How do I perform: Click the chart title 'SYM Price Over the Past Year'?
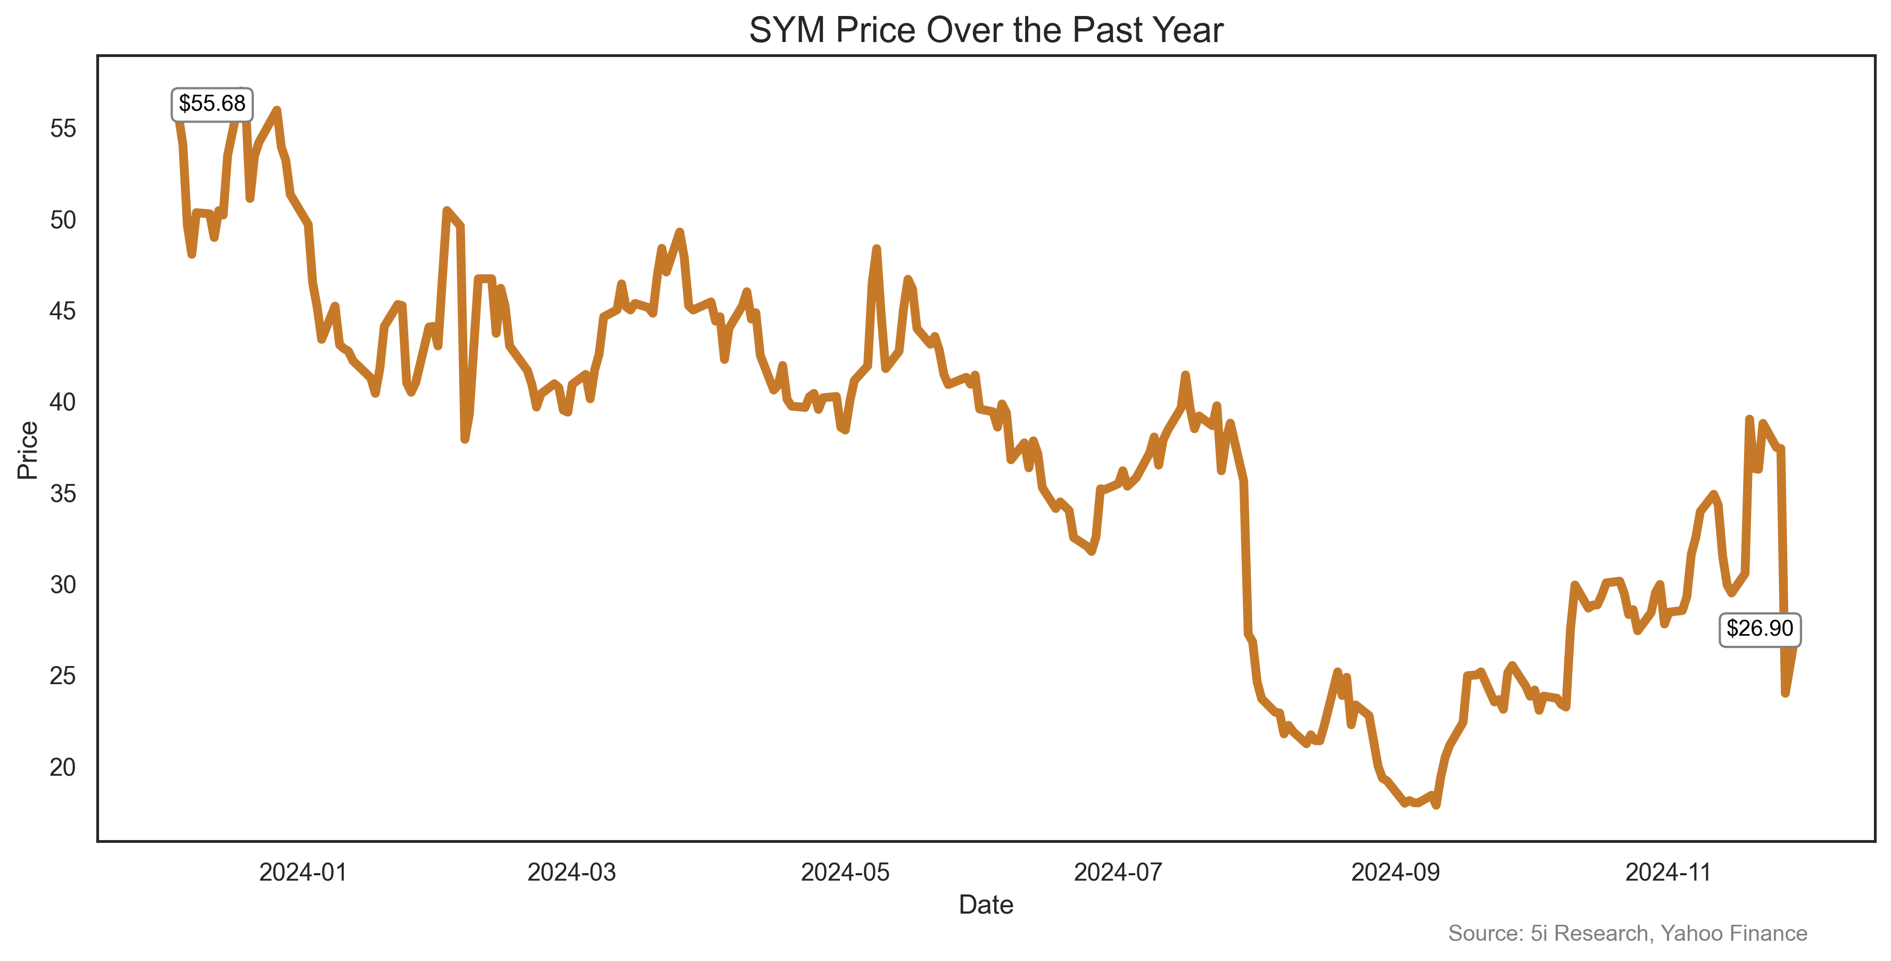pyautogui.click(x=985, y=31)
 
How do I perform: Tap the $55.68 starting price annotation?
pyautogui.click(x=212, y=103)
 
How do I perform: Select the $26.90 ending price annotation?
pyautogui.click(x=1759, y=628)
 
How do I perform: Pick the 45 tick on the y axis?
pyautogui.click(x=63, y=311)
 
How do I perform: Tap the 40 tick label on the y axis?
pyautogui.click(x=63, y=403)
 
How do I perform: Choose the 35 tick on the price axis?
pyautogui.click(x=63, y=494)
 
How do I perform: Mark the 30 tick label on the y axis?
pyautogui.click(x=63, y=585)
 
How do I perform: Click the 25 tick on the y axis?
pyautogui.click(x=63, y=676)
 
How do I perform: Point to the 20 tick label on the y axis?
pyautogui.click(x=63, y=767)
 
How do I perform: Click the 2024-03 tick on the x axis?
pyautogui.click(x=571, y=872)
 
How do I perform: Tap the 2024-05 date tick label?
pyautogui.click(x=845, y=872)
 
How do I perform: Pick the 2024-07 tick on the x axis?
pyautogui.click(x=1118, y=872)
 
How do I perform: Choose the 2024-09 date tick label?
pyautogui.click(x=1395, y=872)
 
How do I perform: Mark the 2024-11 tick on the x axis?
pyautogui.click(x=1669, y=872)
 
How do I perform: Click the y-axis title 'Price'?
pyautogui.click(x=28, y=450)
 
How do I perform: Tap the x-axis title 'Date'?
pyautogui.click(x=985, y=905)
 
